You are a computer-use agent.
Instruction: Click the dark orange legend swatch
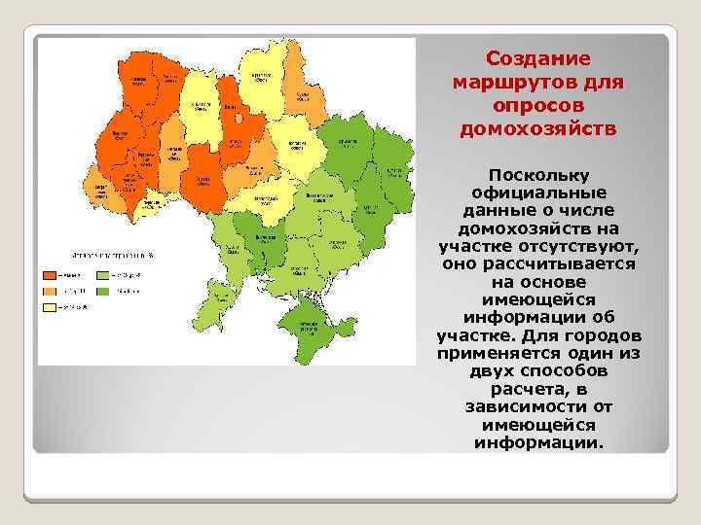point(48,275)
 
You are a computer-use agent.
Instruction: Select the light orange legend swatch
point(48,291)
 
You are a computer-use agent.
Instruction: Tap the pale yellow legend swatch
point(48,307)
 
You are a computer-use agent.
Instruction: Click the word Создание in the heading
point(538,59)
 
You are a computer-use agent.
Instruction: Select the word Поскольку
point(538,175)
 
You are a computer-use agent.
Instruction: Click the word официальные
point(538,192)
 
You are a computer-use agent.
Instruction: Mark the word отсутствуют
point(580,246)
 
